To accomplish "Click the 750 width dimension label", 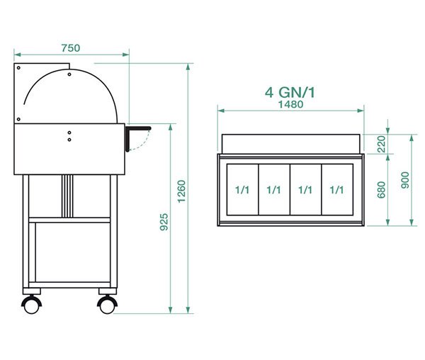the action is click(x=70, y=48).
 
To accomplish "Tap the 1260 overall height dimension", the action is click(x=181, y=191).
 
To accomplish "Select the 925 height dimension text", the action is click(x=164, y=222).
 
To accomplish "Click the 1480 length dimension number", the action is click(x=290, y=104).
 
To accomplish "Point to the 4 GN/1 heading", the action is click(x=290, y=92).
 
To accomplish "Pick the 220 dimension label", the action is click(x=381, y=144).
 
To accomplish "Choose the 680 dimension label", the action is click(x=381, y=190).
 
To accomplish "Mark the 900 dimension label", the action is click(x=405, y=180).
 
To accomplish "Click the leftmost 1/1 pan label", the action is click(x=242, y=190).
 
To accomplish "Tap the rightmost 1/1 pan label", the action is click(x=336, y=190).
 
